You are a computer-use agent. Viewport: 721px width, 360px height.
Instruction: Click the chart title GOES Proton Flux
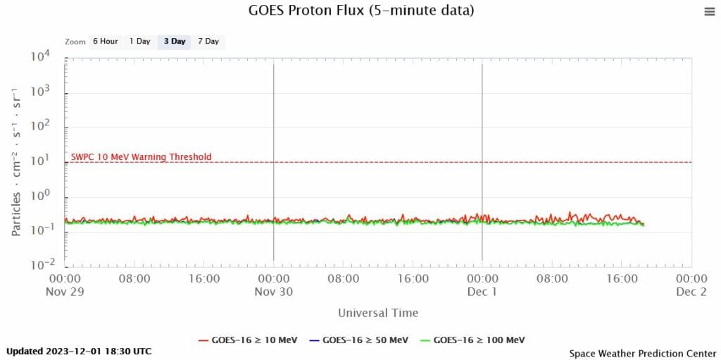[x=361, y=11]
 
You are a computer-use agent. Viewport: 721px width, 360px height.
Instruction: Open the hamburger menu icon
[x=708, y=11]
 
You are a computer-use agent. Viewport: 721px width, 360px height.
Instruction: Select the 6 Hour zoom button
[x=105, y=41]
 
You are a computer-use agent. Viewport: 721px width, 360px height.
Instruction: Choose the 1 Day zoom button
[x=139, y=41]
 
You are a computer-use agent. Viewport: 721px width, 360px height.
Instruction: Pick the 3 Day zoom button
[x=175, y=41]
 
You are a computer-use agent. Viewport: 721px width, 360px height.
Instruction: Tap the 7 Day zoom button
[x=208, y=41]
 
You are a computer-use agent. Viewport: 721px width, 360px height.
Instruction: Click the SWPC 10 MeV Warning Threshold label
[x=141, y=156]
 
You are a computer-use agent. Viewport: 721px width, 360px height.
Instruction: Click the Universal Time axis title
[x=378, y=313]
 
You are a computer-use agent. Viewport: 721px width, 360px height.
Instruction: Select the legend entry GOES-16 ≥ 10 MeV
[x=248, y=340]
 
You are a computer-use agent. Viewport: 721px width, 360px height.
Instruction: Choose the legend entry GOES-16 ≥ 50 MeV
[x=358, y=340]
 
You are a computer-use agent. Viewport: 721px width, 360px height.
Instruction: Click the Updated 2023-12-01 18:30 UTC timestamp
[x=79, y=351]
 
